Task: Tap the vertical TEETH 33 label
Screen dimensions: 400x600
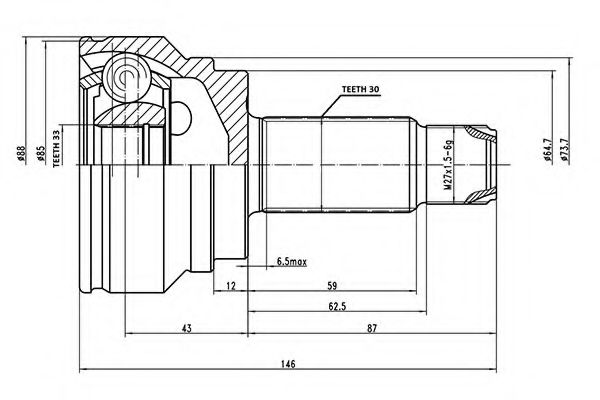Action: pos(58,148)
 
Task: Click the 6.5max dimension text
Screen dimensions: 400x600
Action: pos(291,262)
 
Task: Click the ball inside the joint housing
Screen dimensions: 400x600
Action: pos(129,77)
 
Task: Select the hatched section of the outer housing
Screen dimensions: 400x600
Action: pos(215,95)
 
